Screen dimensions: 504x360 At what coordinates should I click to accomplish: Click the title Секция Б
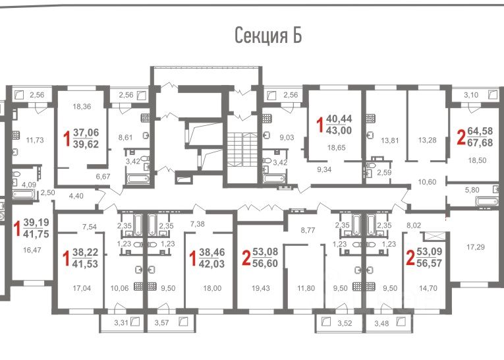268,36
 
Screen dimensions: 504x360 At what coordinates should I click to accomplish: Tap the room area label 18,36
82,107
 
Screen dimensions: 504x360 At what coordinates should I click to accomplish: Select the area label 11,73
35,140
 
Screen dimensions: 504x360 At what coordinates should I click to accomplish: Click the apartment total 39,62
86,144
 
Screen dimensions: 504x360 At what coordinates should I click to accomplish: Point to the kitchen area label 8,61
125,138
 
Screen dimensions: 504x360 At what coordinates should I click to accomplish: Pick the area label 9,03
287,138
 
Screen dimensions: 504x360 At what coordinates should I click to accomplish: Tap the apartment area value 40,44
339,119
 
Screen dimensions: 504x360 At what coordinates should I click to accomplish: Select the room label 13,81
389,140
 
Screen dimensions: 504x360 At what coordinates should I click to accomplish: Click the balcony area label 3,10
471,95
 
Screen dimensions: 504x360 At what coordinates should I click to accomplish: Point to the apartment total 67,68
480,142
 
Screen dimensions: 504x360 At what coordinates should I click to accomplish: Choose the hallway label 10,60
427,182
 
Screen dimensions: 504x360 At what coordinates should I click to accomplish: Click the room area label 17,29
476,247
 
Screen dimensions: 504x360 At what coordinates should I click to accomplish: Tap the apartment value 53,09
430,251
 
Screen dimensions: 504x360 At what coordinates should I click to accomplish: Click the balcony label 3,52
345,323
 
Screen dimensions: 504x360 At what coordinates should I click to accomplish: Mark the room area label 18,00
212,288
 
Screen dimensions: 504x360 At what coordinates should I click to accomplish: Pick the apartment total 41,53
85,264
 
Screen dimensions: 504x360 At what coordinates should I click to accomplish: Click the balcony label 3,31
121,322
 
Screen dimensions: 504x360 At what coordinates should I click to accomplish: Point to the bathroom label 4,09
29,185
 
